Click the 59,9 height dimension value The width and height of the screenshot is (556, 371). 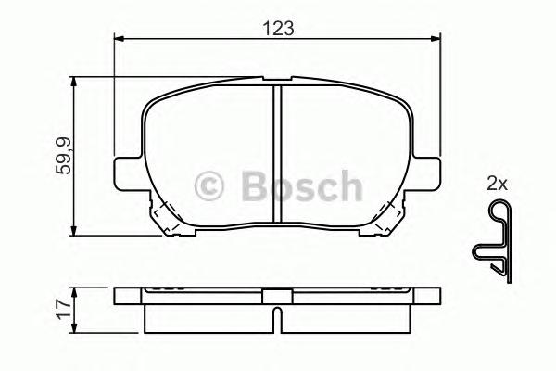(61, 155)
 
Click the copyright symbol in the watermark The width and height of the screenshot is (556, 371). (212, 185)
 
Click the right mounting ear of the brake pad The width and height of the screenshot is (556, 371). (428, 173)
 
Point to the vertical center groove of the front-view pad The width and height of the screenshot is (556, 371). (276, 153)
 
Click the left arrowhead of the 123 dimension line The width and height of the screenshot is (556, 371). (118, 39)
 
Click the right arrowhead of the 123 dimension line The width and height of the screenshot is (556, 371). (436, 39)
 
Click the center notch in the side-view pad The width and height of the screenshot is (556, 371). (276, 298)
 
